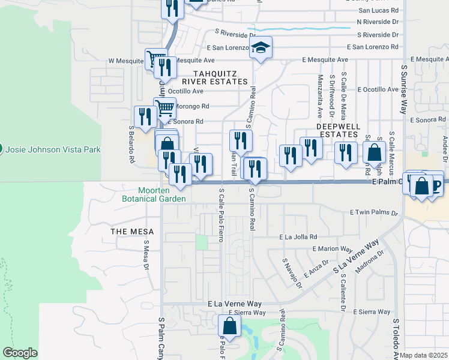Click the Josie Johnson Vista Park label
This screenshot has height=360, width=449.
coord(53,149)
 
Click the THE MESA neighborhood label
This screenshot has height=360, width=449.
coord(132,232)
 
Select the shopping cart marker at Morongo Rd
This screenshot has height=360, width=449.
coord(164,108)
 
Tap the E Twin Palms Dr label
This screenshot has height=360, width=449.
coord(373,213)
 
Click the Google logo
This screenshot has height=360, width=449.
coord(20,353)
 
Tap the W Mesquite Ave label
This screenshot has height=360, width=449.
coord(127,61)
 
